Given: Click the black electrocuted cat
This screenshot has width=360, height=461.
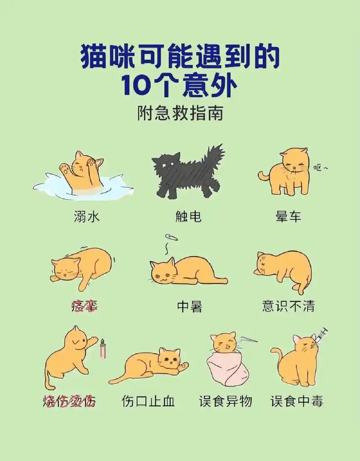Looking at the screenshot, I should pyautogui.click(x=189, y=173).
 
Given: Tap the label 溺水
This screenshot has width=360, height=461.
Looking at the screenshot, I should pyautogui.click(x=86, y=217).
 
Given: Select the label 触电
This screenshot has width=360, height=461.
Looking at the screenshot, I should pyautogui.click(x=189, y=217).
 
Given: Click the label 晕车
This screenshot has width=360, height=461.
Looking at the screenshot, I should pyautogui.click(x=288, y=217).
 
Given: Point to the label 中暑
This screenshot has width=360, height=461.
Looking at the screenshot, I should pyautogui.click(x=189, y=307).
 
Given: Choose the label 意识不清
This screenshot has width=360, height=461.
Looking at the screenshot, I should pyautogui.click(x=288, y=307).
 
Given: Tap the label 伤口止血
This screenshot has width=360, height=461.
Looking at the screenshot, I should pyautogui.click(x=148, y=401).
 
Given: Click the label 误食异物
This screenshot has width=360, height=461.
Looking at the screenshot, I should pyautogui.click(x=225, y=401).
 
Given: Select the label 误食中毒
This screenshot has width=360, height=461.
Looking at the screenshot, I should pyautogui.click(x=297, y=401).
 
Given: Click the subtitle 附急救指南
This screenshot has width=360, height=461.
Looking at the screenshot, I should pyautogui.click(x=180, y=113).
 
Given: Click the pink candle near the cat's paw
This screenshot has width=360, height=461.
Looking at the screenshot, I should pyautogui.click(x=103, y=348).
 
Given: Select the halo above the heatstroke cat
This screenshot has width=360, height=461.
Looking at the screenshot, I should pyautogui.click(x=171, y=237).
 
